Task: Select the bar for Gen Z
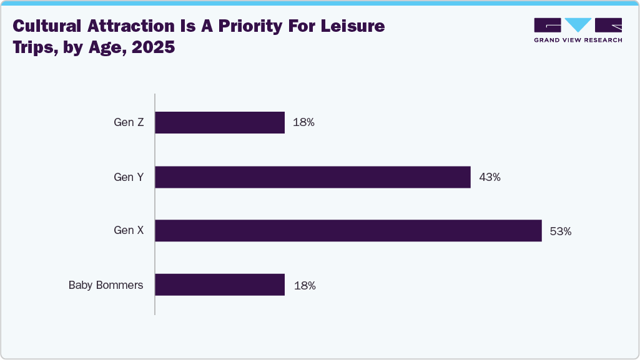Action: (x=220, y=122)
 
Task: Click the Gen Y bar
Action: (x=312, y=177)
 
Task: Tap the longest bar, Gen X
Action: (x=348, y=231)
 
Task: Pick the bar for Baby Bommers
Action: (x=220, y=285)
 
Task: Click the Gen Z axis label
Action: (x=129, y=122)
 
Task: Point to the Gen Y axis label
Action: (x=129, y=177)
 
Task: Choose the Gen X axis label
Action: (x=129, y=231)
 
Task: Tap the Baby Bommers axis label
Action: (x=106, y=285)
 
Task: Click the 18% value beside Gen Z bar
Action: (x=303, y=123)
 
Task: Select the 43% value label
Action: (x=490, y=177)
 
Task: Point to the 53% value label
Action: (x=560, y=231)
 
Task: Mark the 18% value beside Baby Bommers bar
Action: (x=303, y=286)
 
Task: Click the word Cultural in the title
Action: (x=47, y=26)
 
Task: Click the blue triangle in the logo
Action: (x=578, y=25)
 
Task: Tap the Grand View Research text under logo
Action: (x=578, y=40)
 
